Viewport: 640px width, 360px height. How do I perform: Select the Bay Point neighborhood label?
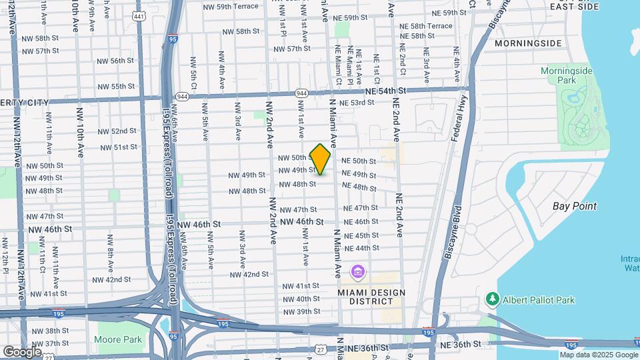[574, 206]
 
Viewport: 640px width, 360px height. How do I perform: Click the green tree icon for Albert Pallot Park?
[493, 299]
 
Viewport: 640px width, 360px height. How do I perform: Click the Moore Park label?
[119, 339]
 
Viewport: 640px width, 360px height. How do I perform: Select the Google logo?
[23, 351]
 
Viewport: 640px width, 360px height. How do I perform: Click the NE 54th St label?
[386, 91]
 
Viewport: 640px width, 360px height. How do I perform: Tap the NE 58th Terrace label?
[426, 26]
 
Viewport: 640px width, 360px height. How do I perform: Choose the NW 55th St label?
[115, 87]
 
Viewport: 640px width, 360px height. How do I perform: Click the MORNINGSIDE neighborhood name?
[527, 43]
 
